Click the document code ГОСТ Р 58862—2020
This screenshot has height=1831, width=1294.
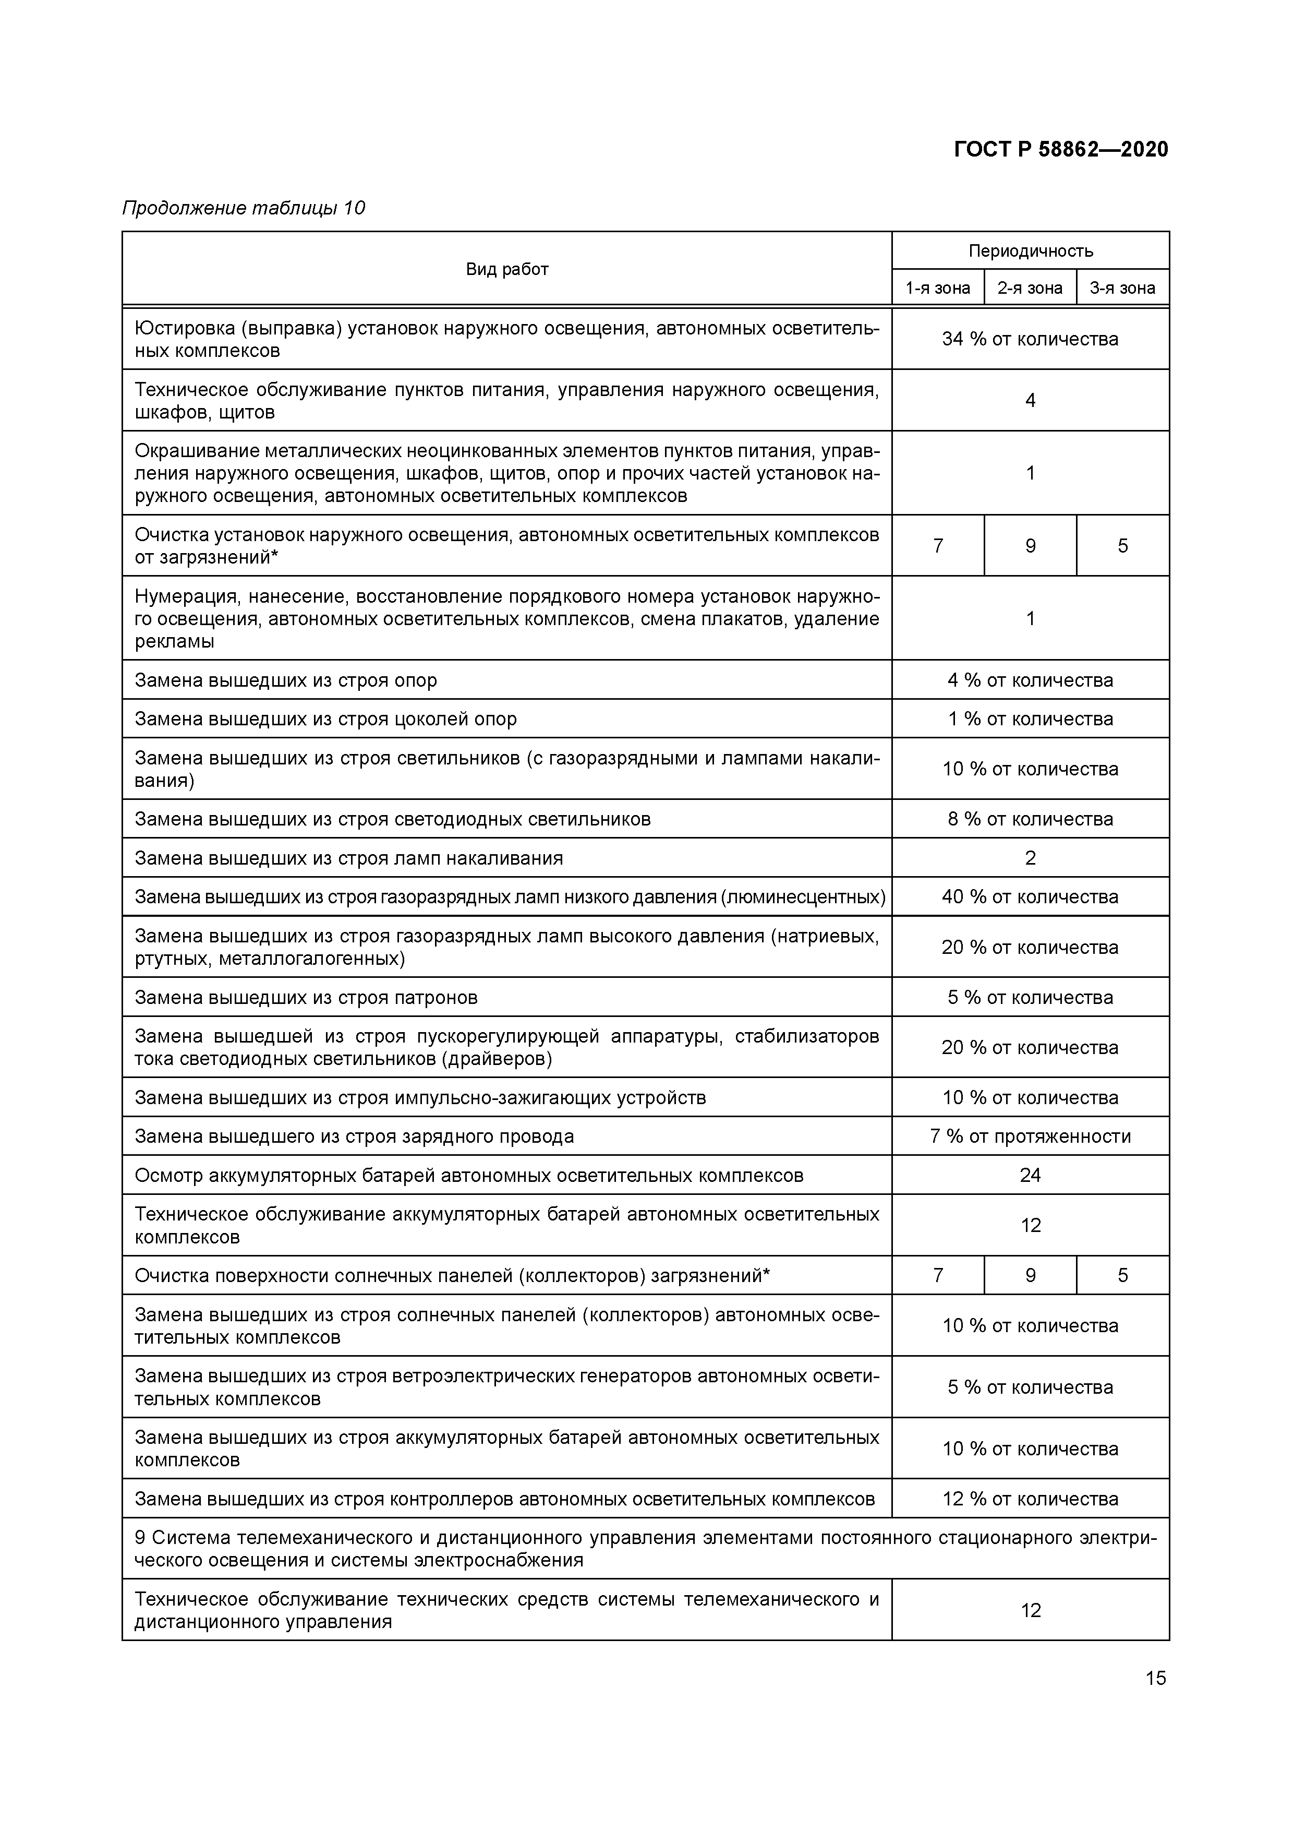click(1060, 150)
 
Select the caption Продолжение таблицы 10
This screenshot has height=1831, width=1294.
click(243, 208)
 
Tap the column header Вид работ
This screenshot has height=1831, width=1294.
click(506, 270)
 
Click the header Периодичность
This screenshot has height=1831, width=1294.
click(1030, 251)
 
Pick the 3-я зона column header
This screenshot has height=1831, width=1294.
click(1122, 288)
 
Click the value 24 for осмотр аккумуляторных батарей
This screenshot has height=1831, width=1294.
click(1030, 1176)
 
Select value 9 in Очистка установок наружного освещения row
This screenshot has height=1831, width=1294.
click(1030, 546)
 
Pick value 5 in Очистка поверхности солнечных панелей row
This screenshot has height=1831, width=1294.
click(1122, 1275)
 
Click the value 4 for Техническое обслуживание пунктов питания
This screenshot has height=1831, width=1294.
click(1030, 400)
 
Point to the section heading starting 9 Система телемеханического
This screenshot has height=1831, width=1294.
click(644, 1549)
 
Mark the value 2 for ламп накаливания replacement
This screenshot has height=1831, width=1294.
click(1030, 858)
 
